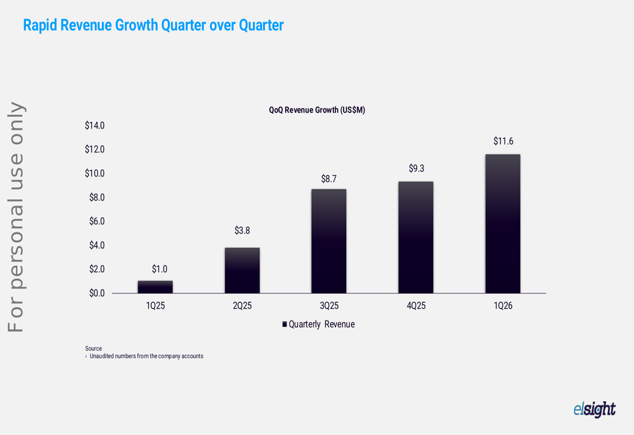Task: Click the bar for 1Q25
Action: pos(155,287)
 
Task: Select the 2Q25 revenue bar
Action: pos(242,271)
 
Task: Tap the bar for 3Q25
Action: pos(329,241)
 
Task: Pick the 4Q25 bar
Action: pos(416,238)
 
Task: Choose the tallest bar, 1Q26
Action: pos(503,224)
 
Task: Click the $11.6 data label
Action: pos(503,141)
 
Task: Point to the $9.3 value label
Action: pos(416,168)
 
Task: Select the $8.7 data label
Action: pos(329,179)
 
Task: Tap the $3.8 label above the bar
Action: pos(242,231)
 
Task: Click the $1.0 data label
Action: pos(159,269)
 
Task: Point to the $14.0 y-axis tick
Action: pos(94,126)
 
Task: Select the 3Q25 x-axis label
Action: pos(329,306)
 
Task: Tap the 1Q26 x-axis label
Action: pos(503,306)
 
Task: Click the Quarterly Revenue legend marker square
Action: pos(285,325)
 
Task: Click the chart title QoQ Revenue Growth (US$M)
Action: pos(317,110)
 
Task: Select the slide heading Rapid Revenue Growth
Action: pos(153,25)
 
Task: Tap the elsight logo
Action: pos(594,410)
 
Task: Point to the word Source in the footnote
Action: pos(93,349)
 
